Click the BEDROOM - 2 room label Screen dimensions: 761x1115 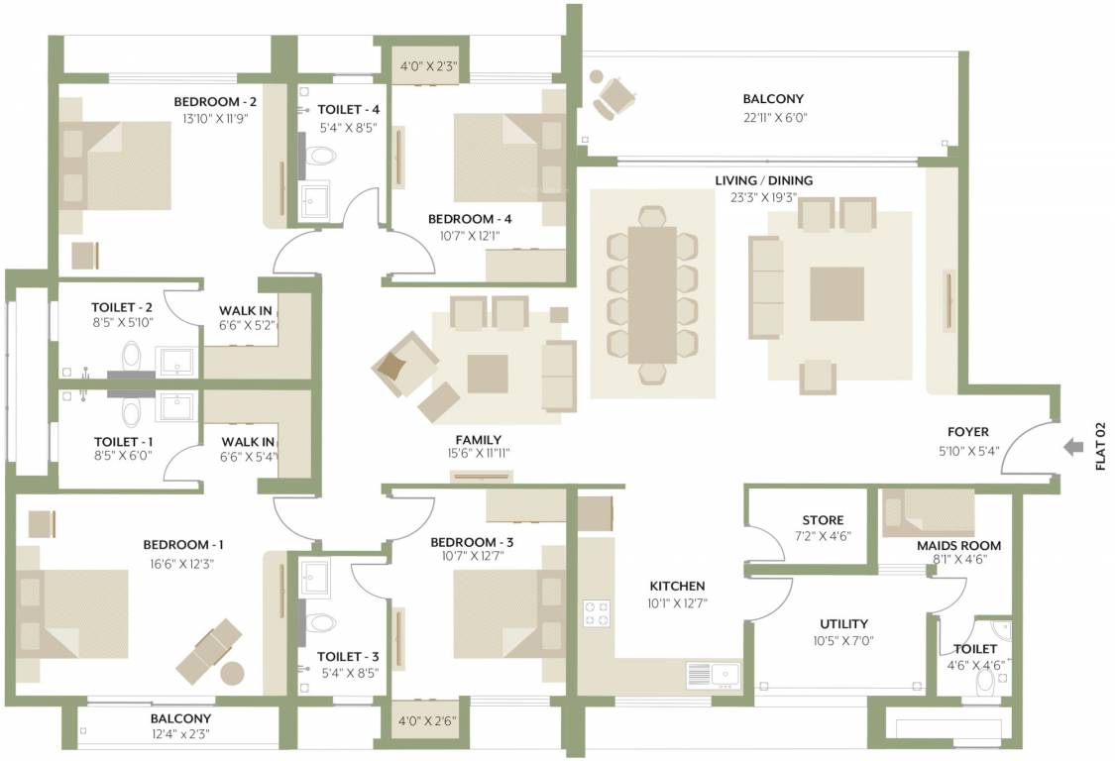coord(215,102)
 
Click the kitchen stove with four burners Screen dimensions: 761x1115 coord(597,612)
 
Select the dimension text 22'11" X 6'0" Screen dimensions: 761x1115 coord(773,117)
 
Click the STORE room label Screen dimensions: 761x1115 coord(823,520)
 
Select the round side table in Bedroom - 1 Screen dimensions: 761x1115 coord(232,673)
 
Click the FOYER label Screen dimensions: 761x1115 coord(969,432)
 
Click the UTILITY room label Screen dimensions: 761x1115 coord(843,623)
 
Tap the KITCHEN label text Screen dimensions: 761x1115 coord(677,586)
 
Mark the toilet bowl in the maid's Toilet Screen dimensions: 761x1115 coord(987,683)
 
